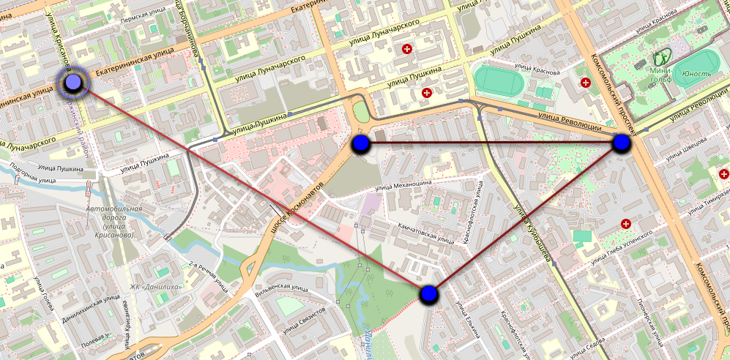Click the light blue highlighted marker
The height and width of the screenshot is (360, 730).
pos(73,84)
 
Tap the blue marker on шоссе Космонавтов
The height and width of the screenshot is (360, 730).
pos(360,143)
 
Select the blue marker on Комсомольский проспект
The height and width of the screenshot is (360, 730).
pos(622,143)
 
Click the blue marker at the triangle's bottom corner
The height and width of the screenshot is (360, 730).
pos(429,294)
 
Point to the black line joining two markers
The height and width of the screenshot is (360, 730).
pos(491,143)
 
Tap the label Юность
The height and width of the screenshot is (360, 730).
pos(696,74)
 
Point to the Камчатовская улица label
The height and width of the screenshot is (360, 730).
pos(426,232)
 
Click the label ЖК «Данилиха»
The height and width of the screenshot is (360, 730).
pos(157,286)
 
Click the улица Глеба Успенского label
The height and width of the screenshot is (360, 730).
pos(619,249)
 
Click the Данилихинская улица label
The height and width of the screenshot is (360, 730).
pos(91,309)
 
